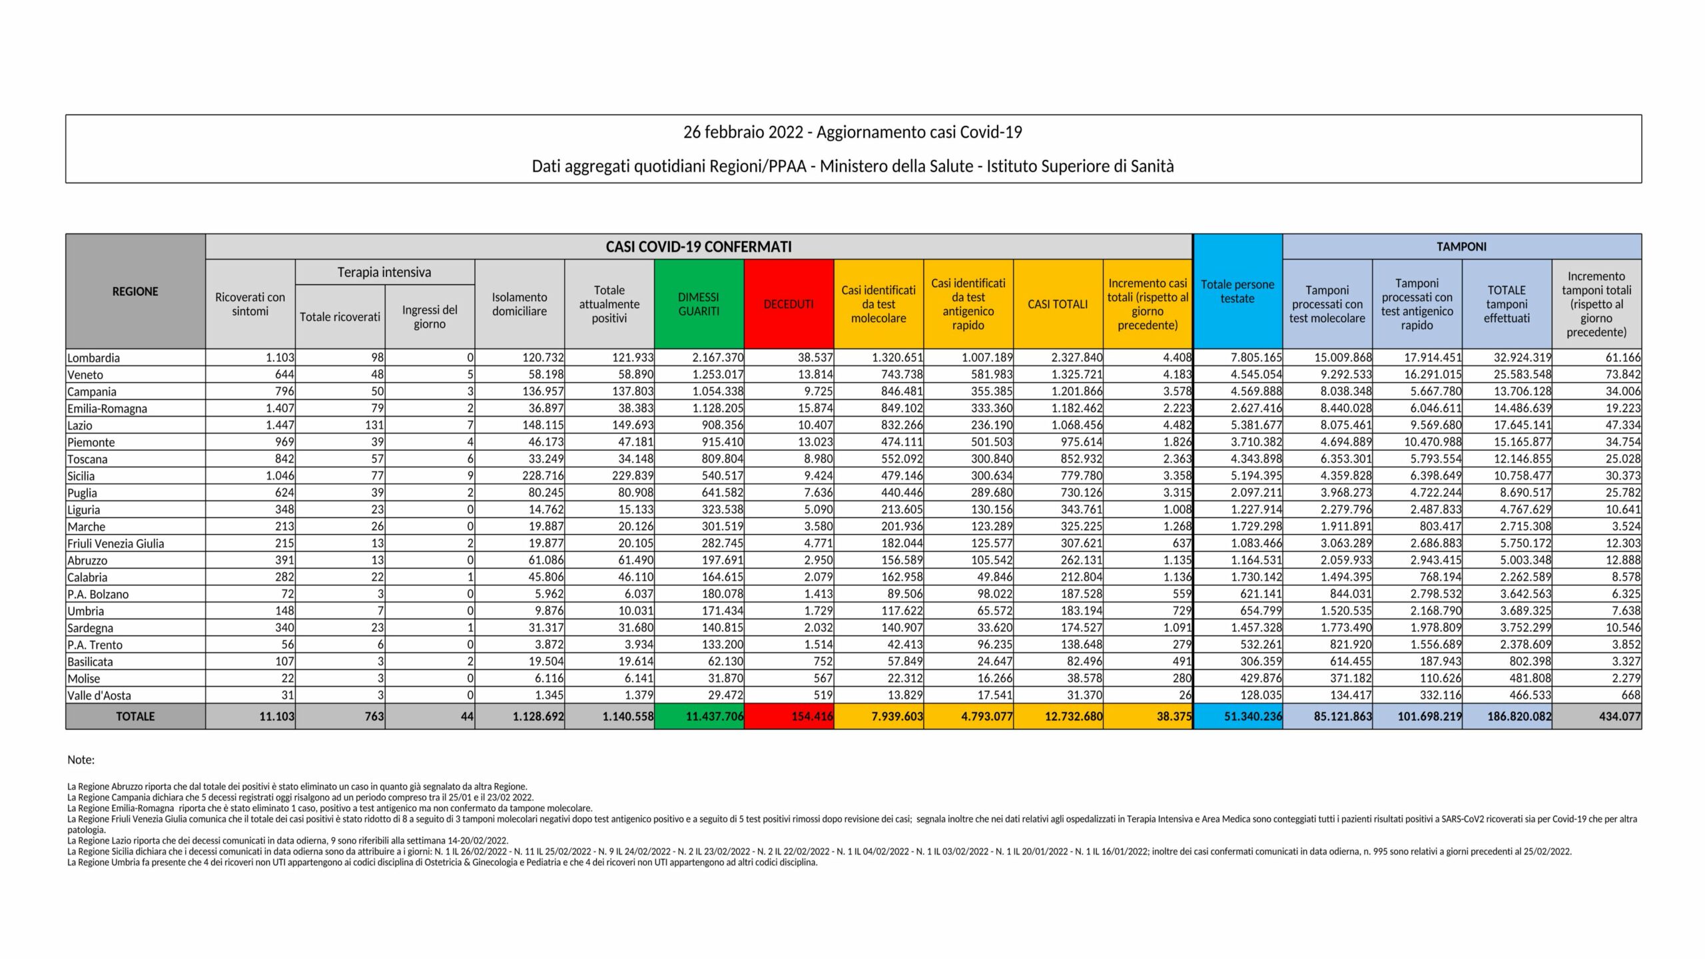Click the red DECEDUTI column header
tap(789, 304)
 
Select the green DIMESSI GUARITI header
tap(699, 304)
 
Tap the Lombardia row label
tap(94, 358)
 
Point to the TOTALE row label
tap(135, 717)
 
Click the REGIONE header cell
tap(135, 292)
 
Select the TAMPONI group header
tap(1461, 246)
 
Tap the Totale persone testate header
tap(1237, 292)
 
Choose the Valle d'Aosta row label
tap(99, 695)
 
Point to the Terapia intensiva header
tap(384, 272)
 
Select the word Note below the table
tap(81, 760)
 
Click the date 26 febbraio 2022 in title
tap(743, 133)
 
